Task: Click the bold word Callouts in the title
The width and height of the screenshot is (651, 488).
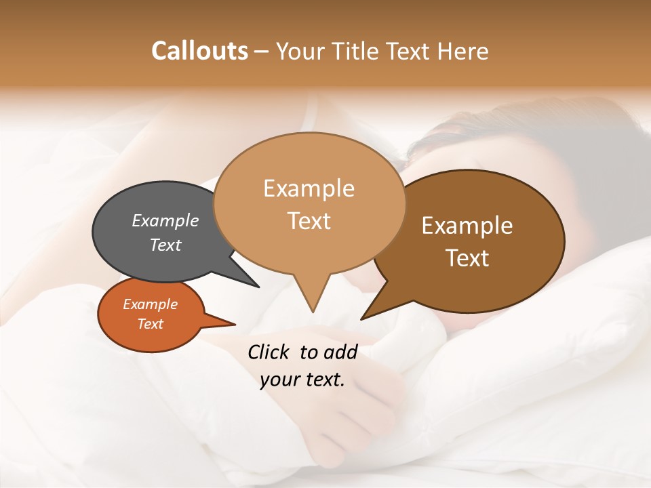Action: (199, 51)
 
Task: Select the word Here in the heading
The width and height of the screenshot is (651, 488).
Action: (463, 51)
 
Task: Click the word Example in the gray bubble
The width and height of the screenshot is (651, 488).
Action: (165, 220)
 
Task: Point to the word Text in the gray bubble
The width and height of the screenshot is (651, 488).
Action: (165, 245)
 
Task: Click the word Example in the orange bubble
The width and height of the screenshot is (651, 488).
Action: (150, 304)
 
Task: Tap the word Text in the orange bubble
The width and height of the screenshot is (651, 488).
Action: (150, 324)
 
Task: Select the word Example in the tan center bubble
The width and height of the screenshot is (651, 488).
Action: (309, 188)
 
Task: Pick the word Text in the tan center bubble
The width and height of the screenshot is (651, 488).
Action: (309, 221)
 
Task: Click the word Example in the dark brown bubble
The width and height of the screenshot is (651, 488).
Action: (467, 226)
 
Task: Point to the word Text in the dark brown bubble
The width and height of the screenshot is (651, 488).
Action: (467, 258)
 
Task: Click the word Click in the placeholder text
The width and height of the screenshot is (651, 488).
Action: (269, 352)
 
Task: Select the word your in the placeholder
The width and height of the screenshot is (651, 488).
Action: (279, 380)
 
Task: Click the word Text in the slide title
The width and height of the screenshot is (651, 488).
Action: (410, 51)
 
